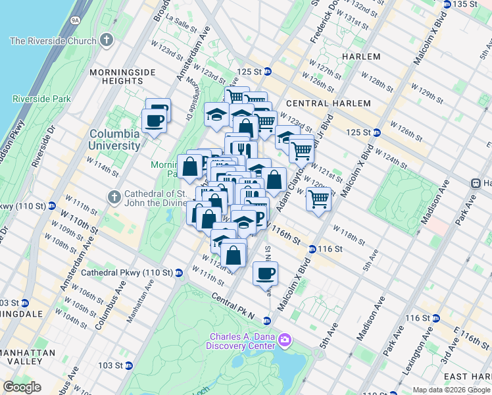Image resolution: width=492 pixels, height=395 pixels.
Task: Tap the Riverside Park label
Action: pos(41,99)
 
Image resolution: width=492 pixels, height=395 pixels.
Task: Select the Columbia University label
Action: pos(114,139)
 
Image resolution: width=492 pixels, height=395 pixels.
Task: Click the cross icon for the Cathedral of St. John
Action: pos(114,196)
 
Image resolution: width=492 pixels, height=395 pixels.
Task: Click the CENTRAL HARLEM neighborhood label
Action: pos(328,103)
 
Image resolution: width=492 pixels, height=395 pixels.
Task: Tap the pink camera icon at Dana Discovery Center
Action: pos(284,340)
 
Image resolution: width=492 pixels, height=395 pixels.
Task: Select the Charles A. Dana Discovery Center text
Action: pos(240,341)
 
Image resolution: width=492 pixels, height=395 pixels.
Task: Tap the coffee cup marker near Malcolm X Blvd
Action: pos(265,273)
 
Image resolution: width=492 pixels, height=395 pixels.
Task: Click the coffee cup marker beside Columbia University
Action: pos(155,121)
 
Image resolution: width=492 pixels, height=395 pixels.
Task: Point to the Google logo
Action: pos(22,387)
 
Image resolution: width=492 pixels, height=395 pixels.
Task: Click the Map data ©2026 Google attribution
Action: pos(451,390)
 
